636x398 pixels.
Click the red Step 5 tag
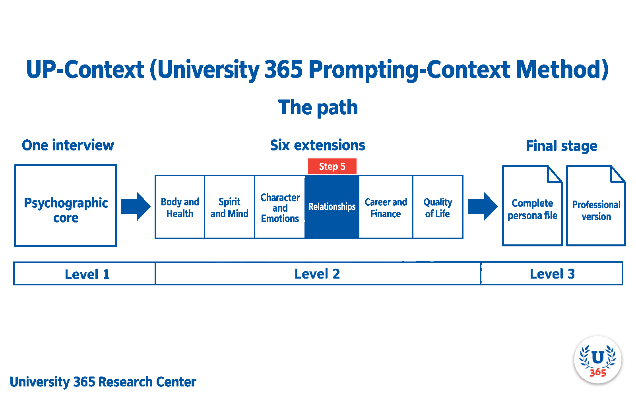[332, 166]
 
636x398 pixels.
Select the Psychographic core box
[66, 205]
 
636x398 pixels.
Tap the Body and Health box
[180, 207]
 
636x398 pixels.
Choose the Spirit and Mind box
[229, 207]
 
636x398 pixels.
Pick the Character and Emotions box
[280, 207]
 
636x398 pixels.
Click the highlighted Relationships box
[332, 207]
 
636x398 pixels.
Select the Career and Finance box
[386, 207]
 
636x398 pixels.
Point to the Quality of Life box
[438, 207]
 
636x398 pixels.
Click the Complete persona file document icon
[532, 206]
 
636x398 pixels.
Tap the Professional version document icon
[596, 206]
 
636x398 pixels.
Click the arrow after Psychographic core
[136, 207]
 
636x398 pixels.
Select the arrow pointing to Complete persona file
[483, 207]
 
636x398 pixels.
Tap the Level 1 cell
[85, 273]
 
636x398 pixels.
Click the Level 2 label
[317, 274]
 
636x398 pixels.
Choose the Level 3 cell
[552, 273]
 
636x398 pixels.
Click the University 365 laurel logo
[598, 360]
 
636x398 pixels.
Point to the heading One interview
[68, 145]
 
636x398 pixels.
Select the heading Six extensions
[318, 145]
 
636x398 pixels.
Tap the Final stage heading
[562, 146]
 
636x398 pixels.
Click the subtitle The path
[318, 107]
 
